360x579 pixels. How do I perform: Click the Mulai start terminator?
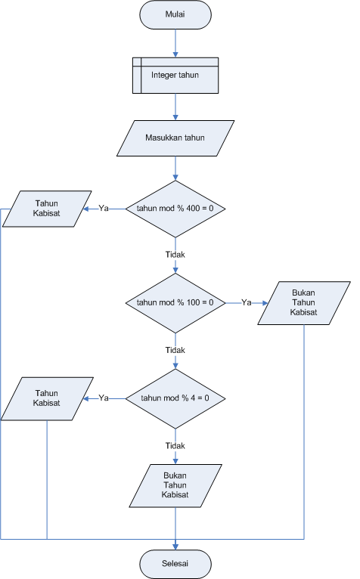click(175, 15)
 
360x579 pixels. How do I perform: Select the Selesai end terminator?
click(175, 564)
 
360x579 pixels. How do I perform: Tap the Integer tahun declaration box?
click(175, 76)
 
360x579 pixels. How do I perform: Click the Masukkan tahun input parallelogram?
click(175, 138)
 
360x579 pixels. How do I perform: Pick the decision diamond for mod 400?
click(175, 209)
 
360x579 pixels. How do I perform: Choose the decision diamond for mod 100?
click(175, 303)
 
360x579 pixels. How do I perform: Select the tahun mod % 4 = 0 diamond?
click(175, 399)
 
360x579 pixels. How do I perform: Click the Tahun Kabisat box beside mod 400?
click(47, 209)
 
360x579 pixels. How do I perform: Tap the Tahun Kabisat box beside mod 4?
click(47, 399)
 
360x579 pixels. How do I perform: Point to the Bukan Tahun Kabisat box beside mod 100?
click(304, 303)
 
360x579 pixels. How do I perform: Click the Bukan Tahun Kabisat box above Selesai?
click(175, 485)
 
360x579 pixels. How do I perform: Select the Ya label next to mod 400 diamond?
click(104, 209)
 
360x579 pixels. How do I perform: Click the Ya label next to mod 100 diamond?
click(247, 303)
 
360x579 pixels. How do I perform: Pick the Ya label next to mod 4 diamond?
click(104, 398)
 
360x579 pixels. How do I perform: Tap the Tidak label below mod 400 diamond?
click(175, 255)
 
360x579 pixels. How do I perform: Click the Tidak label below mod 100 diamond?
click(175, 350)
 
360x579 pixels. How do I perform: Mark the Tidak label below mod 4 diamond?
click(175, 446)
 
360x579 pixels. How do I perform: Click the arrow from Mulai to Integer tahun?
click(175, 43)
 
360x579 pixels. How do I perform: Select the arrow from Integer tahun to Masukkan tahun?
click(175, 107)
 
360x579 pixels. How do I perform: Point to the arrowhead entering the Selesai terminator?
click(175, 546)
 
